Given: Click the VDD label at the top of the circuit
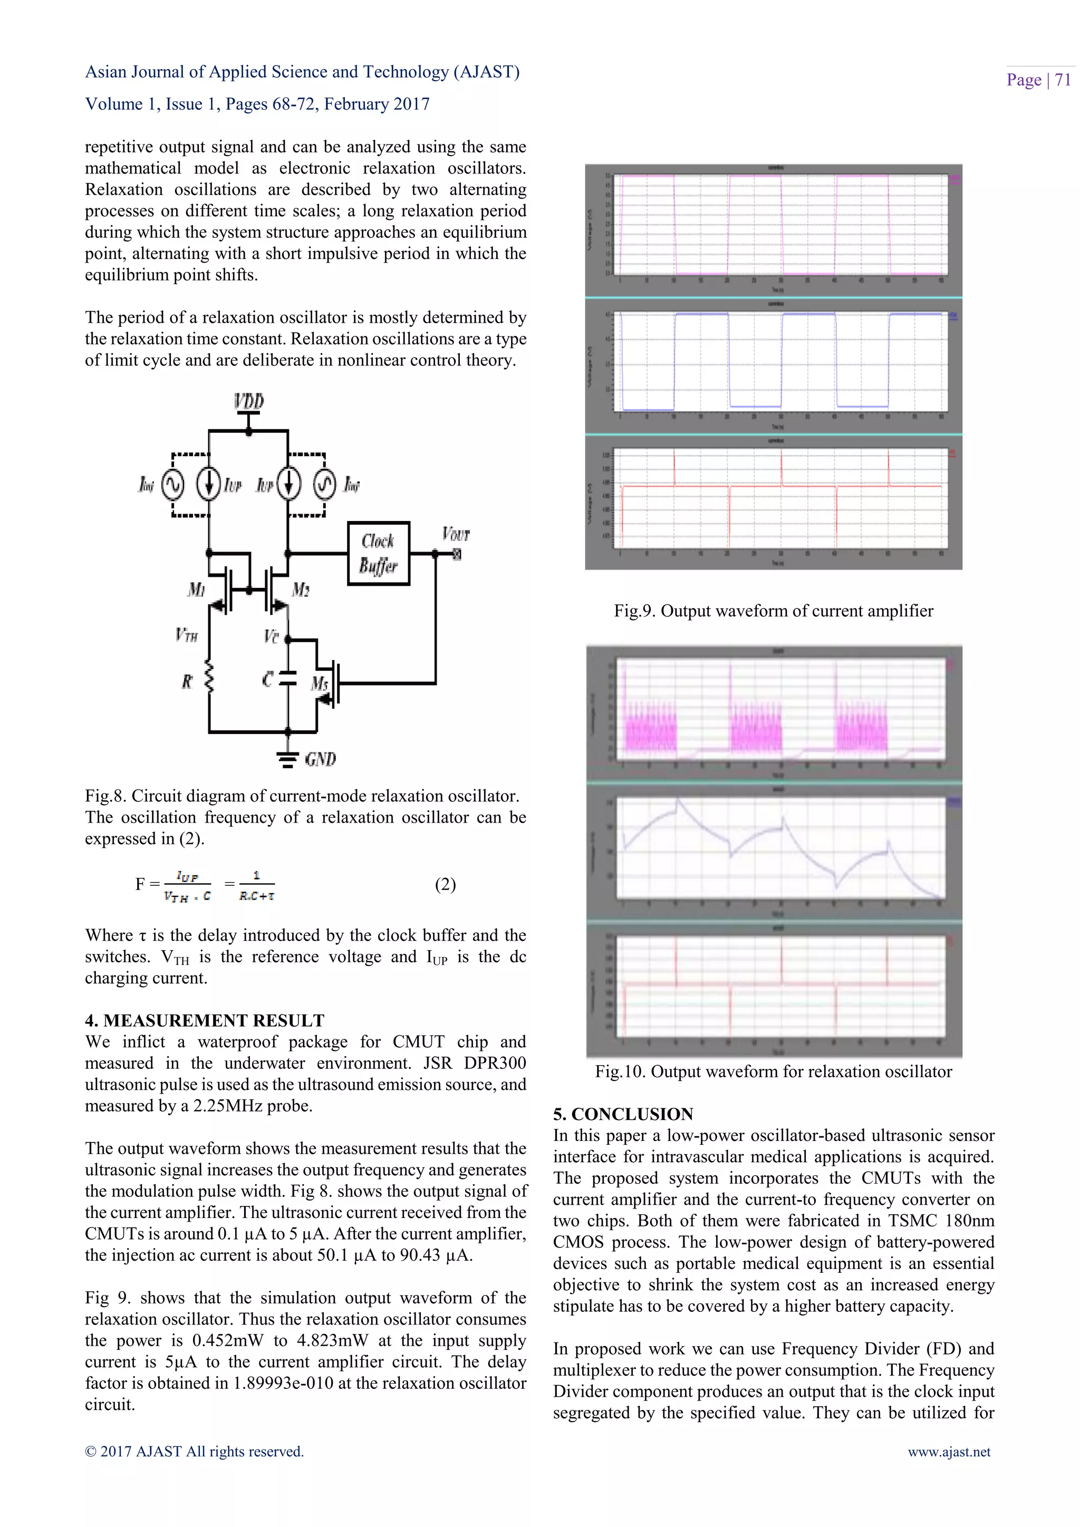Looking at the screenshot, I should point(249,401).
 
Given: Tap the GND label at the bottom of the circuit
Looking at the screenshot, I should point(320,759).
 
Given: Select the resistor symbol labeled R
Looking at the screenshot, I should point(209,678).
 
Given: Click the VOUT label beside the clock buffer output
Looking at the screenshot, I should point(456,534).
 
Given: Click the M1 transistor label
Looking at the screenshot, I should point(196,589).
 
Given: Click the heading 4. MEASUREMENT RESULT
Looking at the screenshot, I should point(204,1020).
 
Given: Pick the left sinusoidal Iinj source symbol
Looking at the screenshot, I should point(172,485).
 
